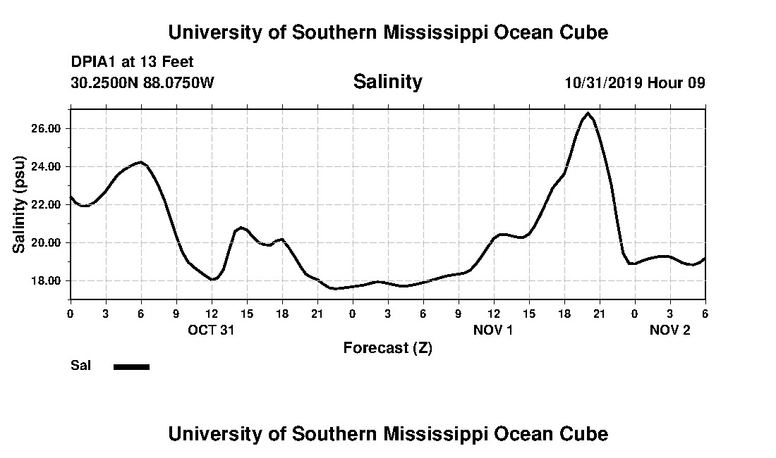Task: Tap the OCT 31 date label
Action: point(211,330)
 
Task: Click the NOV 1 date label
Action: point(493,330)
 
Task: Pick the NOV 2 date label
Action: point(669,330)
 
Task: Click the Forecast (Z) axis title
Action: point(387,348)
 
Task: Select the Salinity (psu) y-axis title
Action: point(20,204)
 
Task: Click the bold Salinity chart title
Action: point(387,82)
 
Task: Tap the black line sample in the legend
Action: point(132,366)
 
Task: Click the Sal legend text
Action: point(80,366)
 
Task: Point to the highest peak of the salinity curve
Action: point(588,113)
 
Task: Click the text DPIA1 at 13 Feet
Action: point(132,62)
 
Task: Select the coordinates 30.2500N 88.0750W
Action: point(143,82)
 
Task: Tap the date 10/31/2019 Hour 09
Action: point(635,82)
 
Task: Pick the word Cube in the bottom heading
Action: point(586,433)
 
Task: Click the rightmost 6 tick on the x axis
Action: point(705,313)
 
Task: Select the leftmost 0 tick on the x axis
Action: point(70,313)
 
